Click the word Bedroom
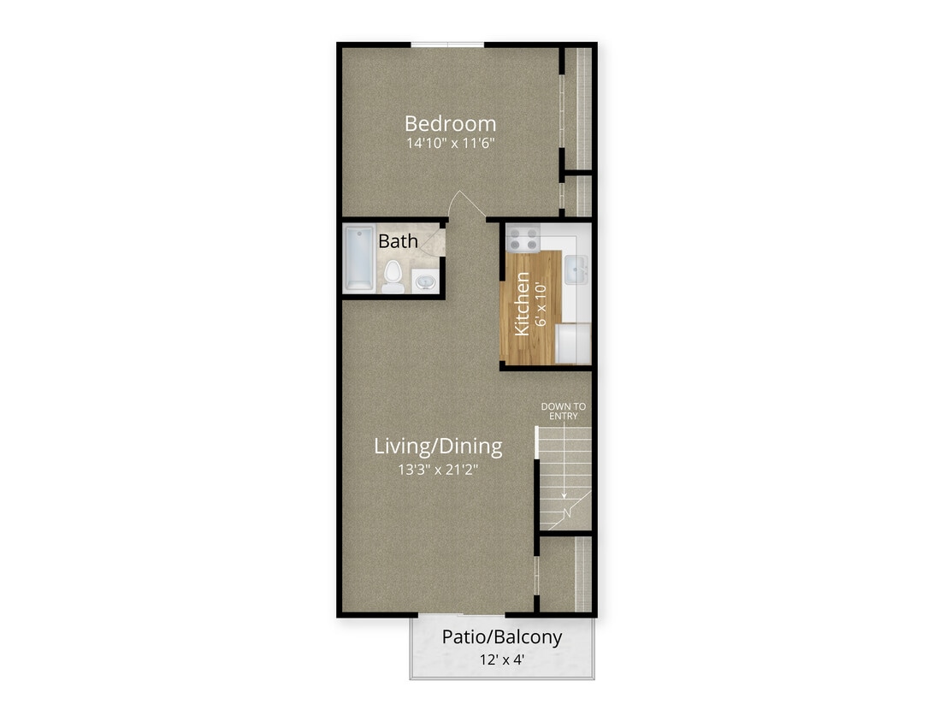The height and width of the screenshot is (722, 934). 450,123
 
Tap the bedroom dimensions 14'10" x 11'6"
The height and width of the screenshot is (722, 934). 450,144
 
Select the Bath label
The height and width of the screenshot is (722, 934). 398,241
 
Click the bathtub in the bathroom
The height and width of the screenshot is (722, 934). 358,257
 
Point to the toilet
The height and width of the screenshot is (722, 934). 393,275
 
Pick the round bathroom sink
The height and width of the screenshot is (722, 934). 425,280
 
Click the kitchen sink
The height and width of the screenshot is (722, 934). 575,269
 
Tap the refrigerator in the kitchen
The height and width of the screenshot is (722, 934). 573,343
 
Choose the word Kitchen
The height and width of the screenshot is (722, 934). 520,304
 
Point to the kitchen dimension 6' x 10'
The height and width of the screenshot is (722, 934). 540,304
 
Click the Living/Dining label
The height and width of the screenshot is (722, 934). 438,447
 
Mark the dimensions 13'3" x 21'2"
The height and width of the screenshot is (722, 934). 438,469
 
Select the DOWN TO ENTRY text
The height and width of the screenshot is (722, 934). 564,411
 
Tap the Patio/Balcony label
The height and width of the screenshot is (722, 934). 502,637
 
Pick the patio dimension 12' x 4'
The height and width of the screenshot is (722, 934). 502,660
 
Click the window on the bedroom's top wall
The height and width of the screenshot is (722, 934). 447,44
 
